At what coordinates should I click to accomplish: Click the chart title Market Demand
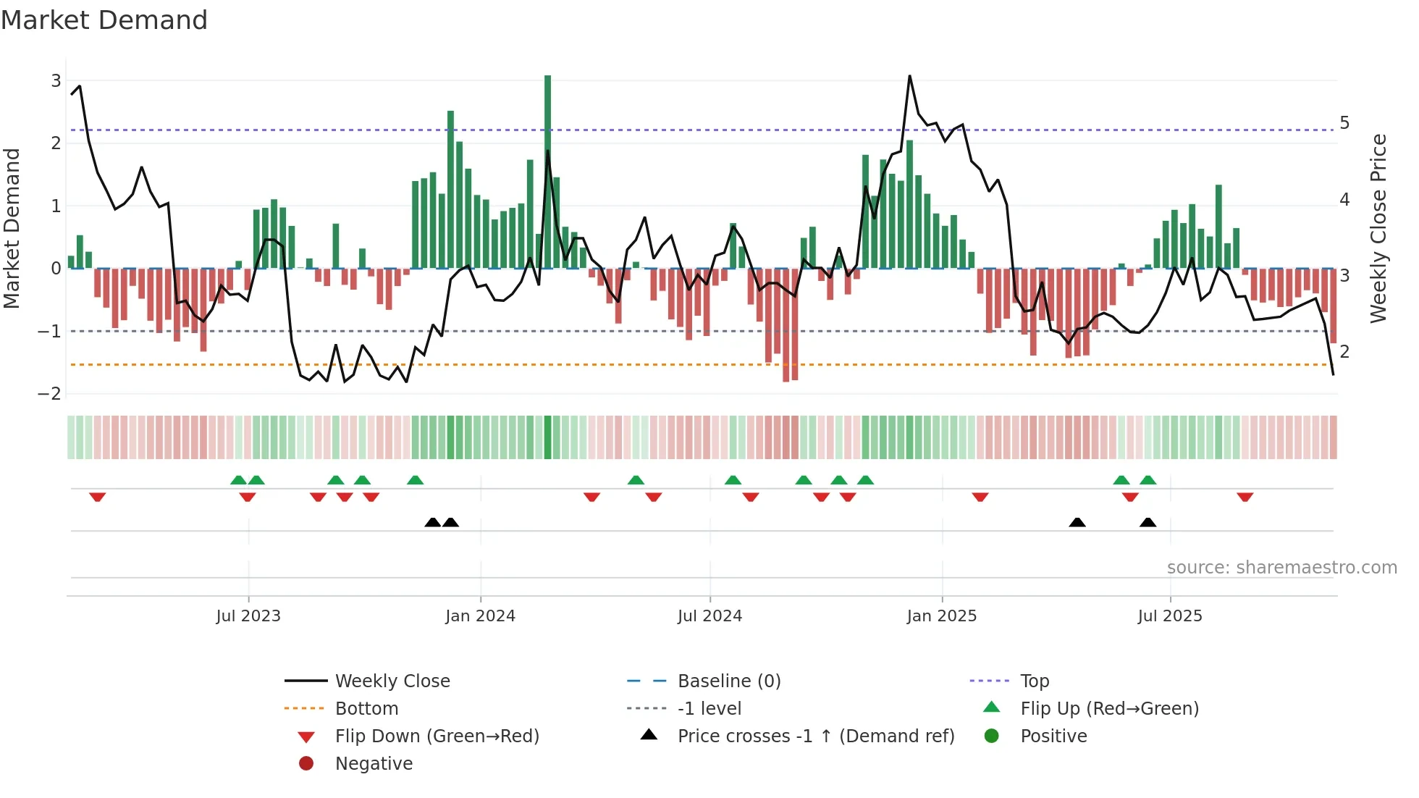[x=104, y=20]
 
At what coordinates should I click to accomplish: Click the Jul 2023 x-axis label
[x=248, y=616]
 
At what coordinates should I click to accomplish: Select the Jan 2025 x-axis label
[x=941, y=616]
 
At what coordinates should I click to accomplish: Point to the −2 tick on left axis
[x=50, y=394]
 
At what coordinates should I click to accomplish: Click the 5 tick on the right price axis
[x=1344, y=123]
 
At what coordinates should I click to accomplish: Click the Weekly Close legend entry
[x=392, y=681]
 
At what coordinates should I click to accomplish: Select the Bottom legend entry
[x=366, y=709]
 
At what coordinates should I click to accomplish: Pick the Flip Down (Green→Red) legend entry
[x=437, y=736]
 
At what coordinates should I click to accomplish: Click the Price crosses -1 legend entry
[x=815, y=736]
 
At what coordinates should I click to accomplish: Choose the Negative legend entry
[x=374, y=764]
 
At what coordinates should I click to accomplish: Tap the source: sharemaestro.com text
[x=1281, y=568]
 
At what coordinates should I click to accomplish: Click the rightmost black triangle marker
[x=1148, y=522]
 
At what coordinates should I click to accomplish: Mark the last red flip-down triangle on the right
[x=1245, y=497]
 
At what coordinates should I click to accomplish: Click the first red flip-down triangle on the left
[x=98, y=497]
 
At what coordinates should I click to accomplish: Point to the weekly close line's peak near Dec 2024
[x=909, y=76]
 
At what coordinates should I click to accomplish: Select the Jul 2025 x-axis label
[x=1170, y=616]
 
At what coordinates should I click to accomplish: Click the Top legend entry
[x=1034, y=681]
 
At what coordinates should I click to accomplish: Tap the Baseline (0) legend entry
[x=728, y=681]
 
